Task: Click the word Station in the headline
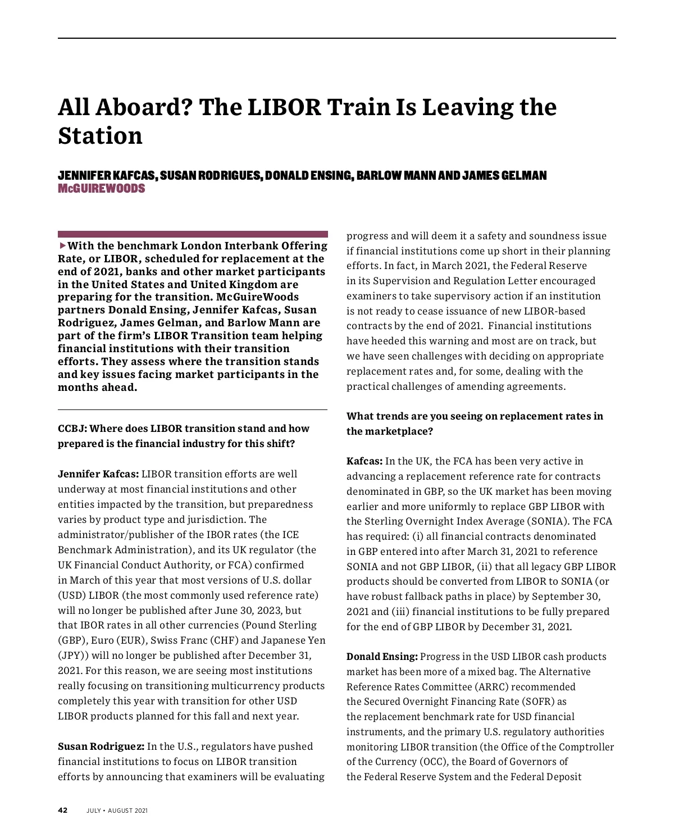100,136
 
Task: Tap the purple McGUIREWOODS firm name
101,189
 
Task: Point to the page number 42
62,810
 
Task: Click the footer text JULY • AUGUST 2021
117,810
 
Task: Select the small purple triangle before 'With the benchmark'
62,245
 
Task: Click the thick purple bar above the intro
193,234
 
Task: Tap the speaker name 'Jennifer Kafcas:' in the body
98,474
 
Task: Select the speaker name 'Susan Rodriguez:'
101,746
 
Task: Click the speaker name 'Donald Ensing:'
382,657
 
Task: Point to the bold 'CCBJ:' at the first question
72,429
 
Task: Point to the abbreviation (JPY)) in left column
73,655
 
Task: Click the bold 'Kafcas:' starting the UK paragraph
364,461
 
